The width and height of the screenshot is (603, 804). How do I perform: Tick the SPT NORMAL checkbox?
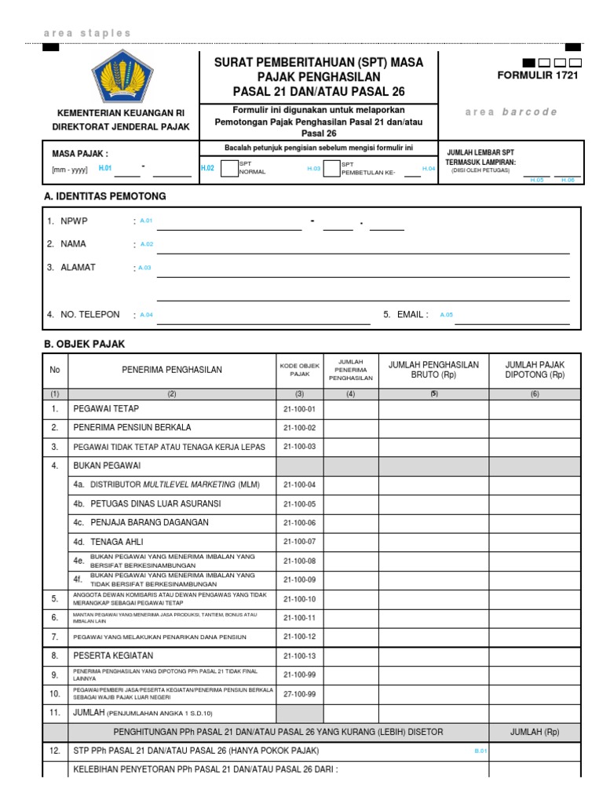(228, 168)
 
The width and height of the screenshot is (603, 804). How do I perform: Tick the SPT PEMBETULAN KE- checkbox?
(331, 168)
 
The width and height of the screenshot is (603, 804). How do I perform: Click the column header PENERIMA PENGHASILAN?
(171, 370)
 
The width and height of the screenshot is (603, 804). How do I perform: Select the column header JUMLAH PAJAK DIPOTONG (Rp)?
(535, 370)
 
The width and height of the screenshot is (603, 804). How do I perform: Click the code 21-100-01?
(298, 409)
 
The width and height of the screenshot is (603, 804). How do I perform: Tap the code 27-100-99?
(298, 694)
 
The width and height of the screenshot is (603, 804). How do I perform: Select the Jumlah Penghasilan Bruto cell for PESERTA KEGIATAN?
(434, 656)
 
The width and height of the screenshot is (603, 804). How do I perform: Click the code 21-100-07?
(298, 542)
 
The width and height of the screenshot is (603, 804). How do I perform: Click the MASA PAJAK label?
(80, 153)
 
